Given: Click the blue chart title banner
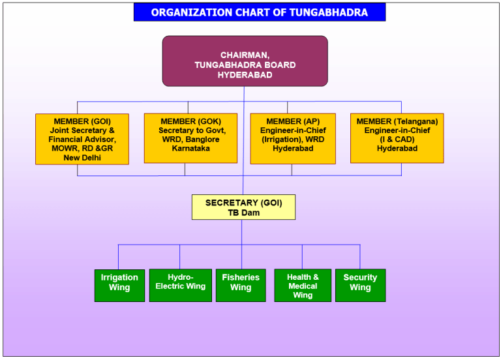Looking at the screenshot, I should click(x=259, y=12).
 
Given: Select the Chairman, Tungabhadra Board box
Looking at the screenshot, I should click(x=245, y=61).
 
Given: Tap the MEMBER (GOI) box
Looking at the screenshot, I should click(x=82, y=139).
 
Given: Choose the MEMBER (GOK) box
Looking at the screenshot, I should click(x=190, y=138).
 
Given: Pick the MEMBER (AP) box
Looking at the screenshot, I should click(x=293, y=138).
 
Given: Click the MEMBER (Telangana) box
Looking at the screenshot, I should click(x=397, y=138).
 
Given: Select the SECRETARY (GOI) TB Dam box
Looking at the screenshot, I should click(x=243, y=207).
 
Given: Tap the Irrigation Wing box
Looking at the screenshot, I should click(x=119, y=285).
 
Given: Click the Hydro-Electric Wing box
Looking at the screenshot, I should click(x=181, y=285).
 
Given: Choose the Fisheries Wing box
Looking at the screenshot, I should click(x=241, y=285).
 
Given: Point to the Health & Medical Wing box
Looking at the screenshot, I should click(x=303, y=285).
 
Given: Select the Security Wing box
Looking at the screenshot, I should click(x=360, y=285).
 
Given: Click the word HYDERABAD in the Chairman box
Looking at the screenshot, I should click(x=245, y=75).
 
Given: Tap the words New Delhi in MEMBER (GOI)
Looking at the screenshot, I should click(x=82, y=158).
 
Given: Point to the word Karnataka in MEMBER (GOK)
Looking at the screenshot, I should click(x=190, y=149).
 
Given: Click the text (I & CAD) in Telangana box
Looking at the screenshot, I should click(x=397, y=139).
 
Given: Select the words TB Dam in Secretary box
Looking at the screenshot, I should click(x=243, y=213).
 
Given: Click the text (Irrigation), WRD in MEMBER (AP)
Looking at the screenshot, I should click(x=293, y=139).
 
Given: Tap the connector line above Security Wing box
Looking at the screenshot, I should click(x=360, y=257).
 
